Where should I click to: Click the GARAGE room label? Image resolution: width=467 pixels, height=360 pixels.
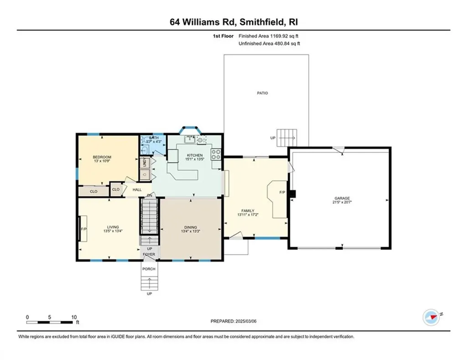pos(342,198)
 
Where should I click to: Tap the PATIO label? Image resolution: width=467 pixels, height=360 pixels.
pos(262,93)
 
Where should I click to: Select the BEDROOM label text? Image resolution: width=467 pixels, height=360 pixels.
pos(102,157)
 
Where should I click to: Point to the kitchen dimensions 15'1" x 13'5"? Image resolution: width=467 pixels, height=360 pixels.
pos(195,159)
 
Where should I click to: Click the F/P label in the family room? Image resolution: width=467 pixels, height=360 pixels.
pos(282,192)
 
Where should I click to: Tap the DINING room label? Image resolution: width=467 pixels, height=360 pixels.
pos(191,227)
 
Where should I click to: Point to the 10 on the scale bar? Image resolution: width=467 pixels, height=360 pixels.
pos(74,317)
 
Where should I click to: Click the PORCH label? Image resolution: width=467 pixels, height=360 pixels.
pos(149,269)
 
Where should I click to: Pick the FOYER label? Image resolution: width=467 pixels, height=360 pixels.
pos(149,254)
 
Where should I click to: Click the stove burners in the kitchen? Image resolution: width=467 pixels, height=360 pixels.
pos(216,154)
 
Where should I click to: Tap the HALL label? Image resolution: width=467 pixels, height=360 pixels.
pos(137,189)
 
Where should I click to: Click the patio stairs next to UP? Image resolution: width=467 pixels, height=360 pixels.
pos(287,136)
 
